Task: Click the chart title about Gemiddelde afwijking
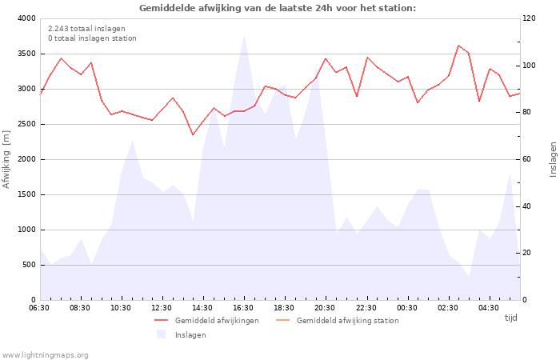[278, 8]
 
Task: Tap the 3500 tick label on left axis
[27, 54]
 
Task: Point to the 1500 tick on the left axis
[27, 194]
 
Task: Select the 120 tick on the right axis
[530, 18]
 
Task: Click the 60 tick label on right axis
[526, 159]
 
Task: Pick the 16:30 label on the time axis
[243, 308]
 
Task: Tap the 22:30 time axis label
[366, 308]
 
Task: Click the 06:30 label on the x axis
[39, 308]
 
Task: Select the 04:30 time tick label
[489, 308]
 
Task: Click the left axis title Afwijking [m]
[6, 159]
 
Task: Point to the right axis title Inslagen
[553, 159]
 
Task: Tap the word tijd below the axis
[510, 318]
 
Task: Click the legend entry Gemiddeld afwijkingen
[206, 321]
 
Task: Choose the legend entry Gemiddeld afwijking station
[338, 321]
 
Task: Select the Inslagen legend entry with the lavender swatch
[182, 335]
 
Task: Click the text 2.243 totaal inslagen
[86, 29]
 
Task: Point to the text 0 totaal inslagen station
[92, 38]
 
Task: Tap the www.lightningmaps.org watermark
[44, 355]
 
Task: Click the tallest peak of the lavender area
[244, 35]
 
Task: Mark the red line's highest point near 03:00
[458, 46]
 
